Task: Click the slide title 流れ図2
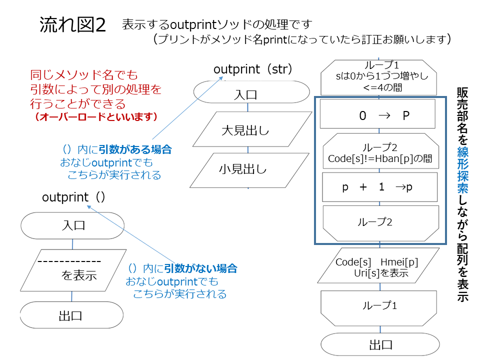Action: tap(73, 24)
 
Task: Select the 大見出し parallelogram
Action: tap(252, 129)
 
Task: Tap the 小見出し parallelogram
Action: tap(249, 170)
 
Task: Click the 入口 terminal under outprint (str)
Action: tap(251, 92)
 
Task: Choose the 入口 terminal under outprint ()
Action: tap(72, 225)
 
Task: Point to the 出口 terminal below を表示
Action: tap(71, 315)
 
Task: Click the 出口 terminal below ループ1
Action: tap(380, 344)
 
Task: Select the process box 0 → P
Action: tap(378, 113)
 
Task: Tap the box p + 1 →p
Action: tap(380, 186)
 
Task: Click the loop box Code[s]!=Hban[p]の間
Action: tap(381, 151)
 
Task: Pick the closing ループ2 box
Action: tap(381, 223)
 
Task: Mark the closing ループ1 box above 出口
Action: tap(378, 308)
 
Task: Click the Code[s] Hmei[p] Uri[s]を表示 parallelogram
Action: tap(378, 265)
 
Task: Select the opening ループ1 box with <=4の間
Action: tap(378, 77)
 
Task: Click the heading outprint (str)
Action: tap(252, 69)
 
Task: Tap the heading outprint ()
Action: tap(73, 197)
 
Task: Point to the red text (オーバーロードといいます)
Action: tap(96, 116)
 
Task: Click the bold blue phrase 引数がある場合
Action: tap(135, 149)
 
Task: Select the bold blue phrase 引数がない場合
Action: tap(201, 268)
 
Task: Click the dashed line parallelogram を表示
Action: tap(73, 270)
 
